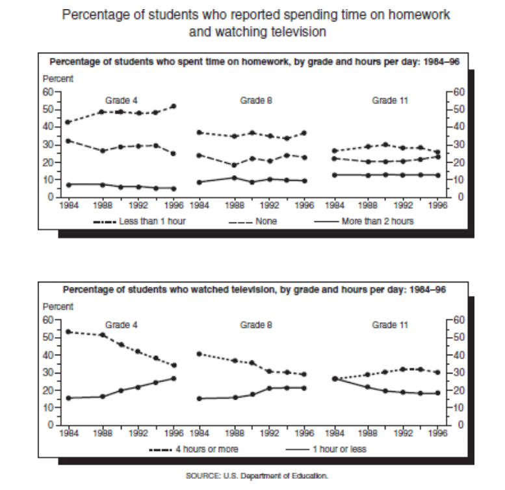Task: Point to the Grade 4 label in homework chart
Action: [x=122, y=100]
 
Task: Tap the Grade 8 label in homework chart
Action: [x=252, y=100]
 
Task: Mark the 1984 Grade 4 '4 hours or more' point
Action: [x=68, y=332]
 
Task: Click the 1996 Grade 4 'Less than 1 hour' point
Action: [x=174, y=106]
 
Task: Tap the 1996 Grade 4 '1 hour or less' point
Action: [x=174, y=378]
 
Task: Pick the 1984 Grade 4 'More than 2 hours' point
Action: [x=68, y=185]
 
